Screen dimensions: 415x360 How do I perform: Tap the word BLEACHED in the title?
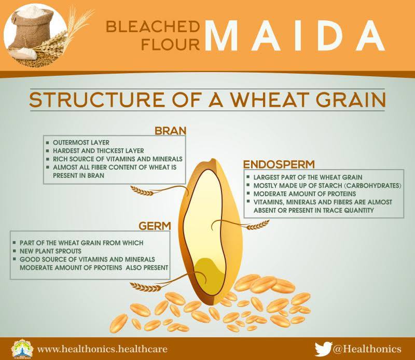(153, 27)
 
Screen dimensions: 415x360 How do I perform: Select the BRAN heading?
(171, 131)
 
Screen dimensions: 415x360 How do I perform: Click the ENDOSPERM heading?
(279, 164)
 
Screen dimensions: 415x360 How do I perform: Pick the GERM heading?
(155, 226)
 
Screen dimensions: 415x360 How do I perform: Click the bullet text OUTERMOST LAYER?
(81, 143)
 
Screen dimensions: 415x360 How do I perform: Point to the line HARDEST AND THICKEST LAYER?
(98, 150)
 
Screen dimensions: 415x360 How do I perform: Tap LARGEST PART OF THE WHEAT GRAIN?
(308, 177)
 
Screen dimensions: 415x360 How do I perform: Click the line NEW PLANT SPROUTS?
(50, 251)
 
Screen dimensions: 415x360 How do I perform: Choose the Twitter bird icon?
(323, 349)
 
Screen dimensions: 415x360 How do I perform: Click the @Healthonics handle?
(367, 349)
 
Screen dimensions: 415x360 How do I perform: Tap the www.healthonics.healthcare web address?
(102, 349)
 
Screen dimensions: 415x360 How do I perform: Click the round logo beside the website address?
(22, 349)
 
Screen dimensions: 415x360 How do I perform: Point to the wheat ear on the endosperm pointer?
(257, 225)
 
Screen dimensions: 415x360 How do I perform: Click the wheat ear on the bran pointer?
(142, 190)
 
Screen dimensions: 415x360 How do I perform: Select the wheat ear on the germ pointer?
(145, 286)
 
